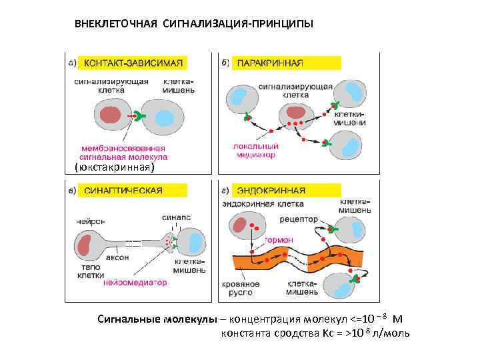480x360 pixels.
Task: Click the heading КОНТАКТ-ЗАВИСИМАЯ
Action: pos(131,63)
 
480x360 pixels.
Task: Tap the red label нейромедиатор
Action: pos(135,282)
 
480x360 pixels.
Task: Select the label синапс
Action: pos(176,217)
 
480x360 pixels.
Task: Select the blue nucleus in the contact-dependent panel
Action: pos(165,117)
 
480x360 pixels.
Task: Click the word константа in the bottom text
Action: pos(244,333)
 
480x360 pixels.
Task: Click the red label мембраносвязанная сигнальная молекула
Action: pos(124,153)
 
